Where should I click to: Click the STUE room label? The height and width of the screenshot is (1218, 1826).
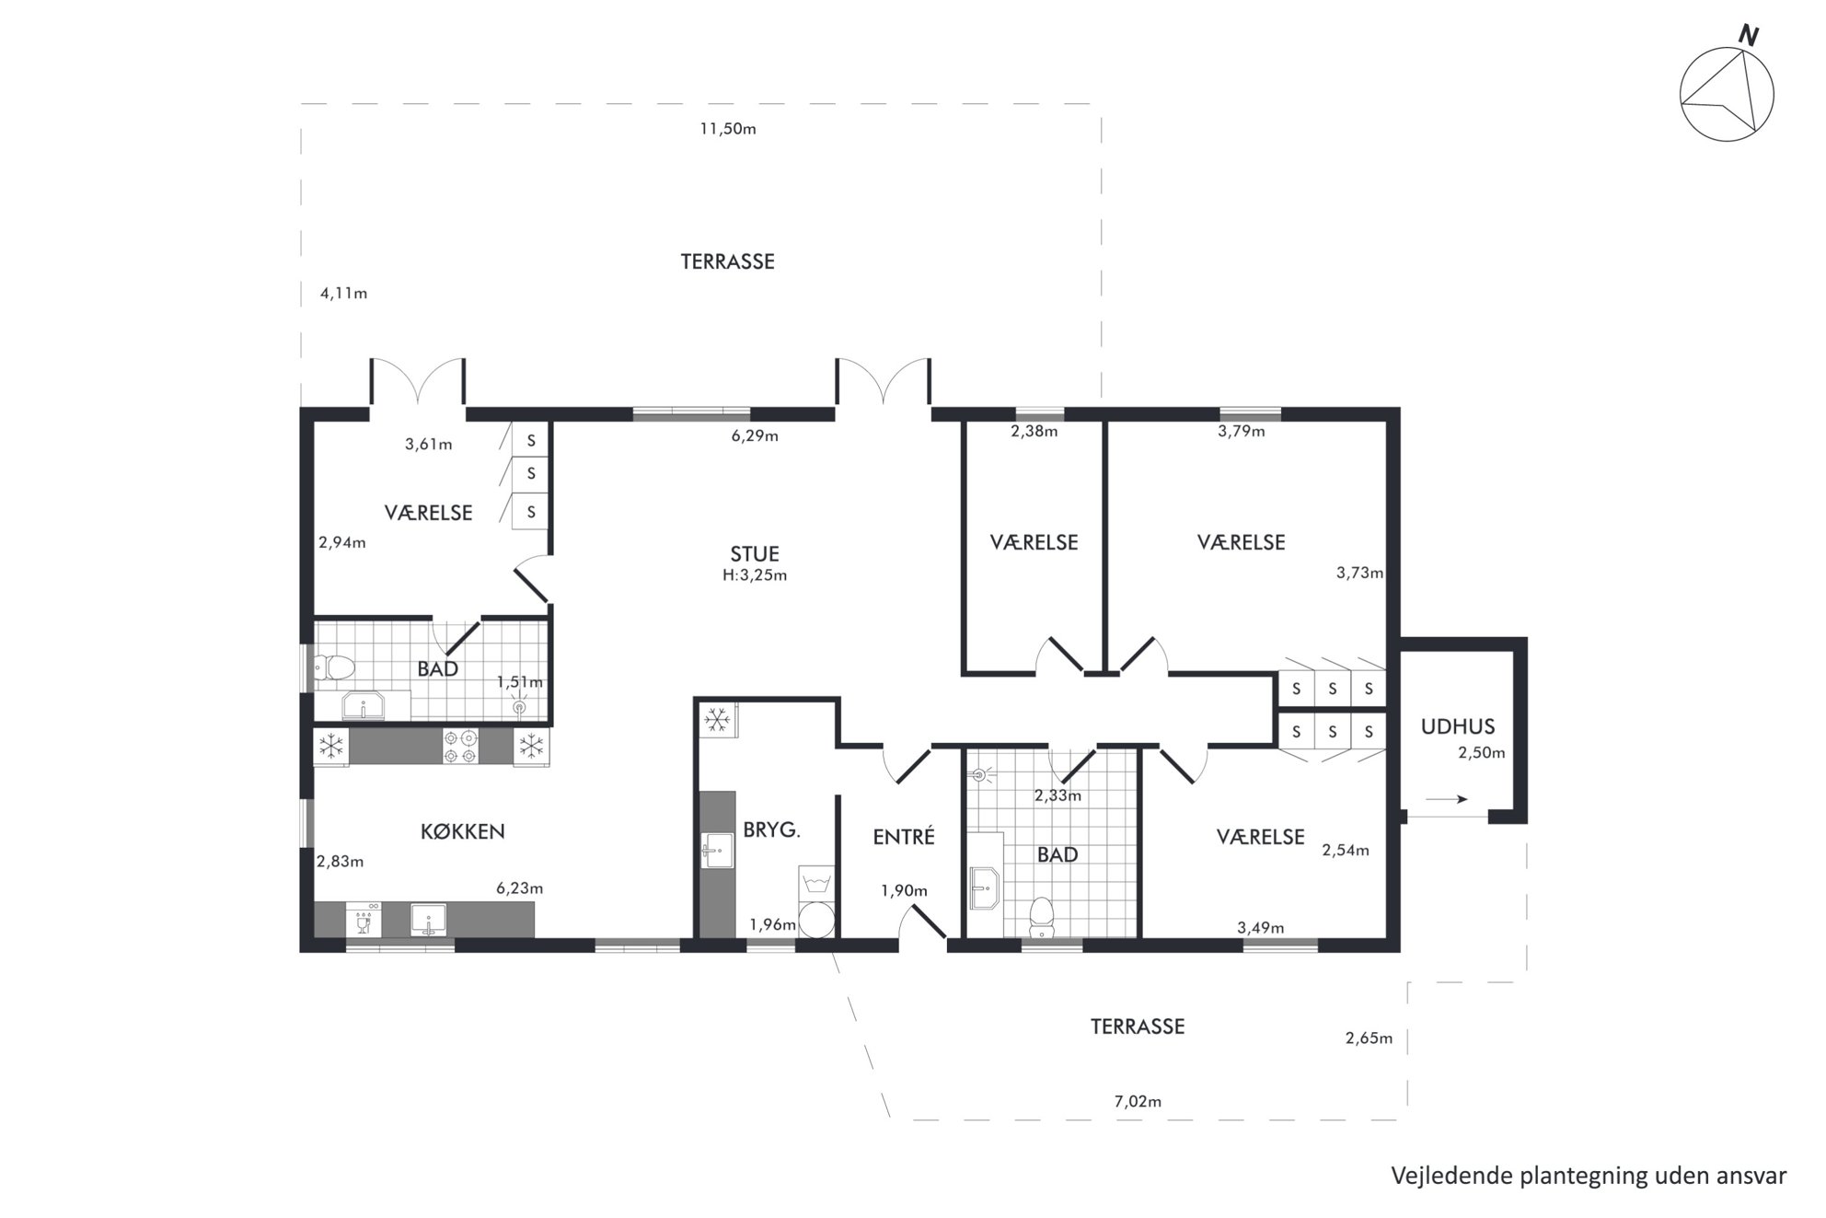[x=755, y=553]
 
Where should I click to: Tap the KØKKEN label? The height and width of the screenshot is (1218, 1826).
[x=462, y=831]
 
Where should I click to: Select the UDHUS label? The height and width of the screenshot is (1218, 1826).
[x=1458, y=726]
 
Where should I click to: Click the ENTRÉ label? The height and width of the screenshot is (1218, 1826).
[x=904, y=836]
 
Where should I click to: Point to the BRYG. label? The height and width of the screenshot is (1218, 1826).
[x=771, y=829]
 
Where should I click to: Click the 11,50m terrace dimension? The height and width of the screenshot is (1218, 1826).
[x=728, y=129]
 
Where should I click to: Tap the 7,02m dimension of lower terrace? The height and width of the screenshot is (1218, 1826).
[x=1138, y=1101]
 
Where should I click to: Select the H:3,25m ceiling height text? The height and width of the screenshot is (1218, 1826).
[x=755, y=575]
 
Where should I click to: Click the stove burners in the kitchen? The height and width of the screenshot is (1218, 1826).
[x=461, y=746]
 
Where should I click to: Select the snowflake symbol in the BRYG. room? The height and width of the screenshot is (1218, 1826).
[x=717, y=718]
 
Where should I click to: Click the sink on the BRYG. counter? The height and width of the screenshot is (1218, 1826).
[x=717, y=851]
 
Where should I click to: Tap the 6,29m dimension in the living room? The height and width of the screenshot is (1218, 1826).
[x=755, y=435]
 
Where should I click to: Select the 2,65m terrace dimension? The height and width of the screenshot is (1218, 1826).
[x=1369, y=1038]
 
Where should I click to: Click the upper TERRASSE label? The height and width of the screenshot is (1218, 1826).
[x=727, y=261]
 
